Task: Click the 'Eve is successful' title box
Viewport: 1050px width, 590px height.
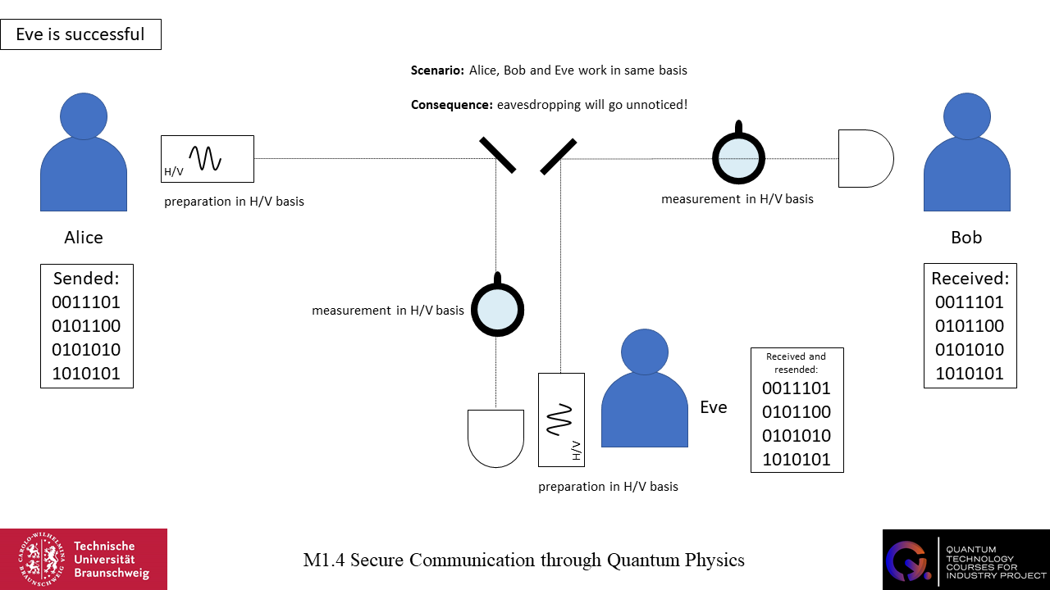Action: [80, 34]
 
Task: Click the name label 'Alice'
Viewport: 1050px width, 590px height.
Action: [84, 238]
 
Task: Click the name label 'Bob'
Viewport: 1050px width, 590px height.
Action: [966, 238]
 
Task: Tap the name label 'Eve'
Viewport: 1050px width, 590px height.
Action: [713, 407]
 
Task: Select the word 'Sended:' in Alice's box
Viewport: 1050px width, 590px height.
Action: [86, 278]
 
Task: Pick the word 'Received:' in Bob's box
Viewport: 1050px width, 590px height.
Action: [970, 278]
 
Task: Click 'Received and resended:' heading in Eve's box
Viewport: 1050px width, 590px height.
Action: [797, 363]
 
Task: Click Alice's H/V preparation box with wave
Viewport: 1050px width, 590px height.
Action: [208, 158]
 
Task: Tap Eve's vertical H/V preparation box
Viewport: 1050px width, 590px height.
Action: [561, 420]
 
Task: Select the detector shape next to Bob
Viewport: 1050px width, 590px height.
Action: [865, 159]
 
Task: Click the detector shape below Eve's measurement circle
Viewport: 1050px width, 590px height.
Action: [495, 438]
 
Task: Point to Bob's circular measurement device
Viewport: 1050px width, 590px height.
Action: [738, 156]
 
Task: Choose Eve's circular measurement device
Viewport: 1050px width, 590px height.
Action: [497, 308]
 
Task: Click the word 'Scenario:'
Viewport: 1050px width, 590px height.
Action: [437, 70]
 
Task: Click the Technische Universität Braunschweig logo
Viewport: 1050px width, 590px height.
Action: [84, 559]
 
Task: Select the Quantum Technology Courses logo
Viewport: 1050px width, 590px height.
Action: [966, 559]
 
